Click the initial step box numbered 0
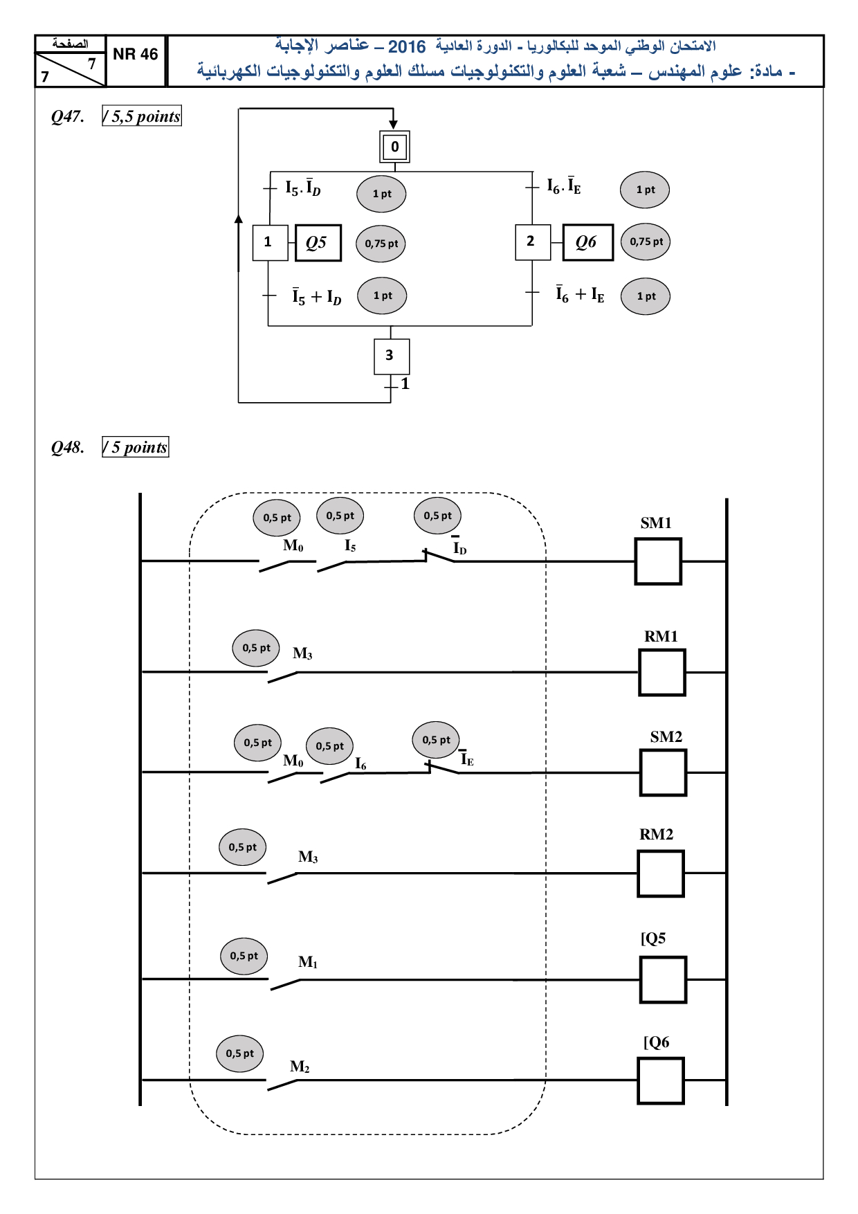coord(394,147)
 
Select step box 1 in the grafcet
coord(270,242)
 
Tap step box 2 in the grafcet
coord(533,242)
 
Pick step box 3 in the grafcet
coord(392,356)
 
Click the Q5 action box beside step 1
coord(318,243)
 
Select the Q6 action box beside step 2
coord(587,242)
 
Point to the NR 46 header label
coord(136,55)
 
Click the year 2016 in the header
coord(407,47)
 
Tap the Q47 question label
coord(68,116)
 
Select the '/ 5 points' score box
coord(136,447)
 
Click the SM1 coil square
coord(658,561)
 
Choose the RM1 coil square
coord(662,672)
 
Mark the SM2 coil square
coord(663,772)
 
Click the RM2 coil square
coord(661,873)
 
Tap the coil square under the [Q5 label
coord(663,979)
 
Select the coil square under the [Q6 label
coord(661,1080)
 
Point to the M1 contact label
coord(308,962)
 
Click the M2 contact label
coord(300,1067)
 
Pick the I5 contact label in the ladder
coord(350,546)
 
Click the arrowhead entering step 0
coord(393,125)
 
